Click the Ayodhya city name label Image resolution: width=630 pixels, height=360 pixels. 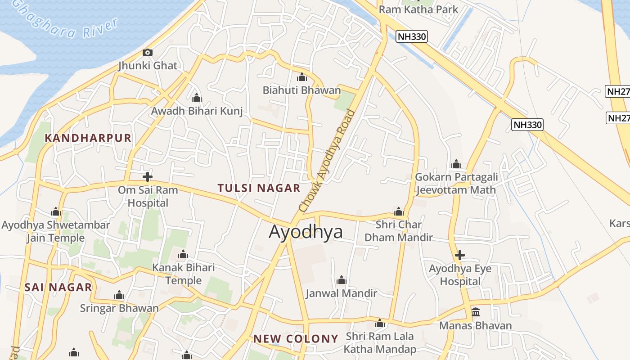click(306, 231)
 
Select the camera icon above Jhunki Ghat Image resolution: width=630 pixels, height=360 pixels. click(147, 52)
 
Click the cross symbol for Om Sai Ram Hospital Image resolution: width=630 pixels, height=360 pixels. click(147, 177)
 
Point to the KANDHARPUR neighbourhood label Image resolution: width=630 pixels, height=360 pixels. click(88, 138)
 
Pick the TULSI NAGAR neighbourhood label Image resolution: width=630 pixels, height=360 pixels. click(259, 188)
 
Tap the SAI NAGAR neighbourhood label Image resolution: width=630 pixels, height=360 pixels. click(58, 287)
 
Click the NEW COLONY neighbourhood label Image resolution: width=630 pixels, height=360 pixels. click(296, 339)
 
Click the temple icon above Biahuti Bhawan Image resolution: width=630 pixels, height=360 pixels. click(302, 77)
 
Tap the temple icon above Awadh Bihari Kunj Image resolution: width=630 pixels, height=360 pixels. click(196, 98)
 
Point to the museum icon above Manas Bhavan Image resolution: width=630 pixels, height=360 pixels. click(475, 312)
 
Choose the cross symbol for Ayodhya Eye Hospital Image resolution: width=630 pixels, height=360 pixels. click(459, 256)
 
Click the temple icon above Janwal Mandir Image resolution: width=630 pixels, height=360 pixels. click(341, 280)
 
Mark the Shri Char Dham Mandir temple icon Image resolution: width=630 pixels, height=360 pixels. click(398, 211)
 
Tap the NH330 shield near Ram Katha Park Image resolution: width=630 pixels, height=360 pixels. click(411, 36)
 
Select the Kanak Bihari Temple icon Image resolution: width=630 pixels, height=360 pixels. click(183, 255)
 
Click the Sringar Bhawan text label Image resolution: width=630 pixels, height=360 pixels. click(119, 308)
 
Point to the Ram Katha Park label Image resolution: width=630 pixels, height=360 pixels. click(418, 9)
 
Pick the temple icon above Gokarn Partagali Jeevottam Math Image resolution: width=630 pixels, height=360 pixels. click(456, 163)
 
